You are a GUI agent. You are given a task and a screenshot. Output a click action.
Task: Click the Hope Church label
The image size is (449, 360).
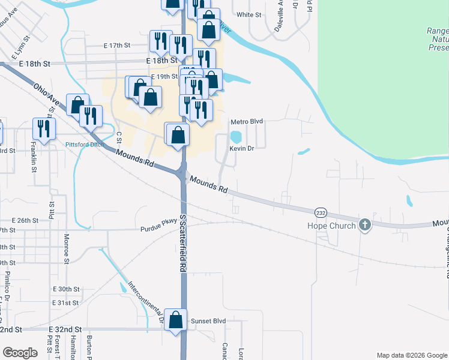(333, 226)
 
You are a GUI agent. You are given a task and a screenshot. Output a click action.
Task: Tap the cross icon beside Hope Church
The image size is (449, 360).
(364, 225)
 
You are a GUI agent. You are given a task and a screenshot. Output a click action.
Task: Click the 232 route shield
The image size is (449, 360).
(320, 212)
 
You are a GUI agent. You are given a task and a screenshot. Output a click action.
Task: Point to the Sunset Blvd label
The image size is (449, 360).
(208, 321)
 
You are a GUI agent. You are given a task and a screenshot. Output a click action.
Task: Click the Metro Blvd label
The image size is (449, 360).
(247, 121)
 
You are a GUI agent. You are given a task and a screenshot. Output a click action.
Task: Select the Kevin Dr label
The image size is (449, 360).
(242, 148)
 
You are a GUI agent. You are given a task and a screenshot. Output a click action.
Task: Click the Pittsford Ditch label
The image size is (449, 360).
(85, 145)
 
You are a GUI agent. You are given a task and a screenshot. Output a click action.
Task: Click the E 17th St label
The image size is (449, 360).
(116, 45)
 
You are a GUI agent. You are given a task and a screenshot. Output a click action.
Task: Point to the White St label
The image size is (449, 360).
(249, 14)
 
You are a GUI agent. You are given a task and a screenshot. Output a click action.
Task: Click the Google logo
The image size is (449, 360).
(20, 353)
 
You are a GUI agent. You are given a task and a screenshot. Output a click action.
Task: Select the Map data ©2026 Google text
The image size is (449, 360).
(411, 355)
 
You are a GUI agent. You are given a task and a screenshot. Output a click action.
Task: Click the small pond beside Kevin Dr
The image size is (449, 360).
(236, 137)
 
